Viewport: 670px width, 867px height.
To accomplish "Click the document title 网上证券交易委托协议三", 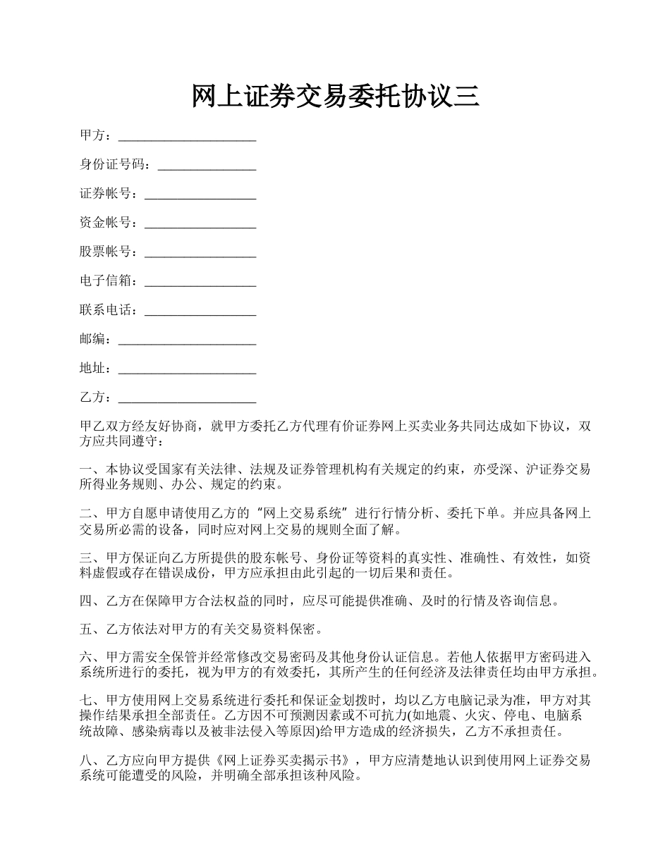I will tap(335, 96).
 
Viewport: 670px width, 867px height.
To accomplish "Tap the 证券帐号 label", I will tap(106, 194).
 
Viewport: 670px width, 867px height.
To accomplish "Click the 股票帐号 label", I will tap(106, 252).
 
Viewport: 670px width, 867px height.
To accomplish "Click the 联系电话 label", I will tap(106, 310).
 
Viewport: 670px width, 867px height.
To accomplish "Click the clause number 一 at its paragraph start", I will tap(87, 469).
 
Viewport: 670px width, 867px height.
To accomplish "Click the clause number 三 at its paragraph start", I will tap(87, 558).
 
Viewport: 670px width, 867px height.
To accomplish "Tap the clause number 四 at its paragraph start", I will tap(87, 601).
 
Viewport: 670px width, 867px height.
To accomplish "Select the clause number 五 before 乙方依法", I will tap(87, 629).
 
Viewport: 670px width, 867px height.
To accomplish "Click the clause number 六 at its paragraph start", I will tap(87, 657).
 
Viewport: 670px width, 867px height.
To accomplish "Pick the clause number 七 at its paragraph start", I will tap(87, 701).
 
